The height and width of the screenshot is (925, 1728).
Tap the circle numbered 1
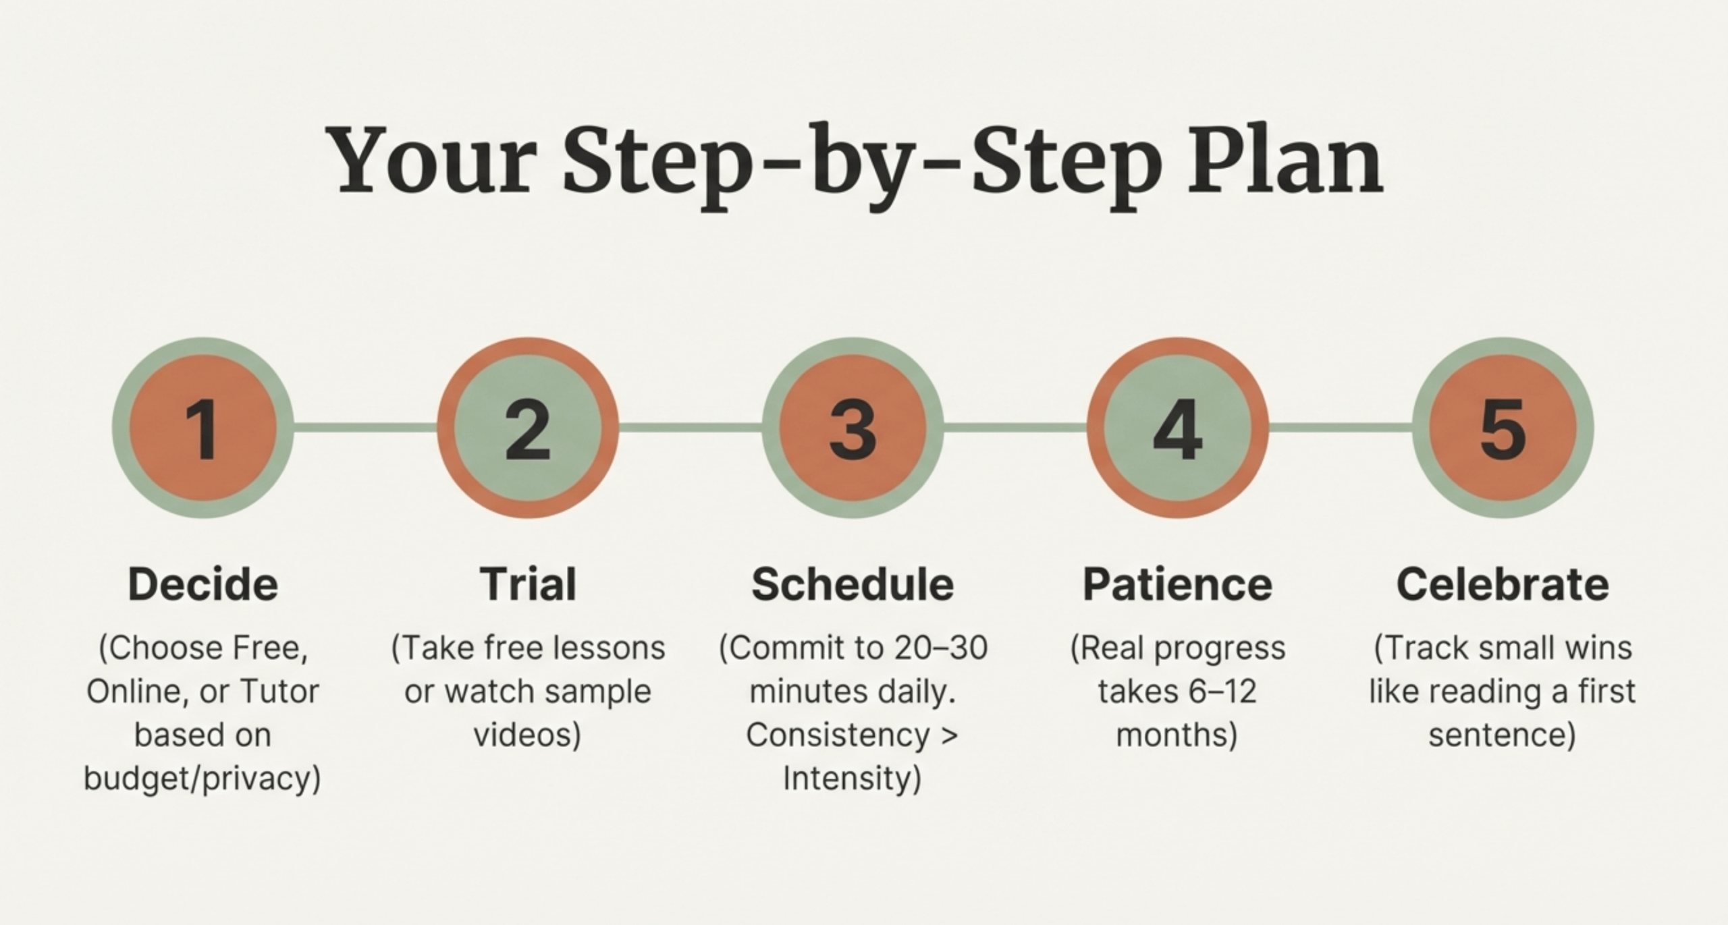tap(202, 428)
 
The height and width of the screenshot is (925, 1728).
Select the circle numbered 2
tap(528, 428)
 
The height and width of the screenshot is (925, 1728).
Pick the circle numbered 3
tap(853, 428)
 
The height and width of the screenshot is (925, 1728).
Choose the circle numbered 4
tap(1178, 428)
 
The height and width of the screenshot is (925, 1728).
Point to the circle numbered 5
tap(1503, 428)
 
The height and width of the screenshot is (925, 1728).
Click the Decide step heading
tap(203, 584)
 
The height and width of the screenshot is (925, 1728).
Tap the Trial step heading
tap(528, 584)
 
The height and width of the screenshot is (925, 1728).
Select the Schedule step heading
tap(853, 584)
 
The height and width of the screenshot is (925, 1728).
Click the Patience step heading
tap(1178, 584)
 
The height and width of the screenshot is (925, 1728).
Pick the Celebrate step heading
tap(1503, 584)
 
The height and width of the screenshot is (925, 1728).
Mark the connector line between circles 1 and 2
tap(365, 427)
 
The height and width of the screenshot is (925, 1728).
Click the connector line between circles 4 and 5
tap(1341, 427)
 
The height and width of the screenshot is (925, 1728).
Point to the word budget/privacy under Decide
tap(202, 779)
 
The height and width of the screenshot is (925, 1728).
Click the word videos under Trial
tap(527, 735)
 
